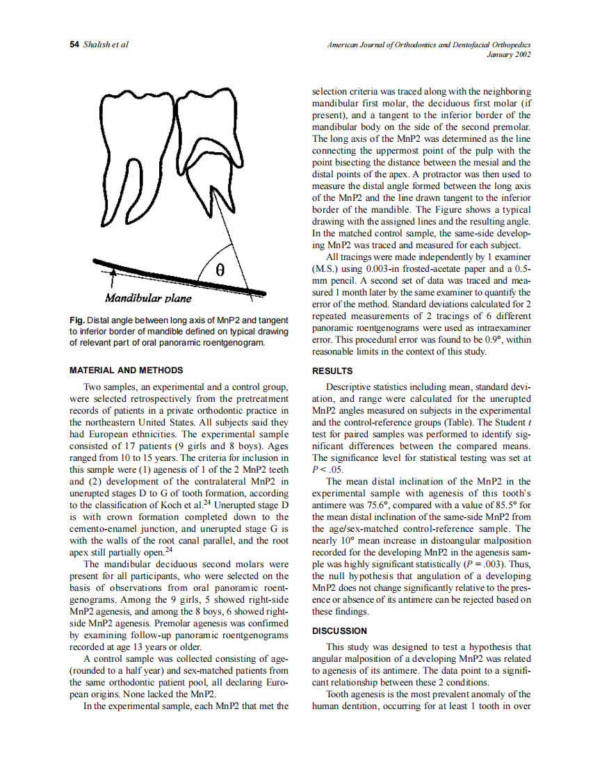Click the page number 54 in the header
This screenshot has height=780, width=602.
coord(74,44)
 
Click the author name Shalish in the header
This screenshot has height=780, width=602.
coord(96,44)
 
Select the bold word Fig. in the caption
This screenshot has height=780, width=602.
coord(76,320)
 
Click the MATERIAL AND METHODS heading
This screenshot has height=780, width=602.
coord(127,371)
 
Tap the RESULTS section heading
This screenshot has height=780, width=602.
coord(332,371)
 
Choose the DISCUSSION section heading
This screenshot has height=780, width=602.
coord(340,631)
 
